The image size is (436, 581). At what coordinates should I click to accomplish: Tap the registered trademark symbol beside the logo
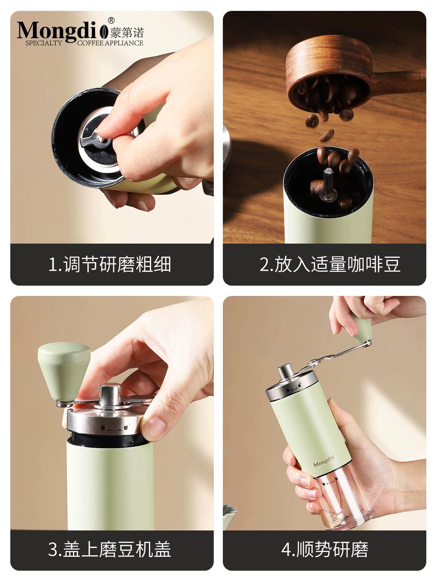(111, 21)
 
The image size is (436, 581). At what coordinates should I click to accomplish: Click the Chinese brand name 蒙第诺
(127, 32)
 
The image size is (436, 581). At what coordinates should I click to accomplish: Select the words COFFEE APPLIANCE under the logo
(110, 43)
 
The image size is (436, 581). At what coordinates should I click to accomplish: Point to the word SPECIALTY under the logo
(44, 43)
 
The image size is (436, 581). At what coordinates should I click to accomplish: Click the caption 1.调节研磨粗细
(110, 264)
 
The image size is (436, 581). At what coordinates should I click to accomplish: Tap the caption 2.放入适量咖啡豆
(330, 264)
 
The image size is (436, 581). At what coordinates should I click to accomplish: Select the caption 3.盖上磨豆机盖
(110, 549)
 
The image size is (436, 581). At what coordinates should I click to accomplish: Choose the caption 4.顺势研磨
(325, 549)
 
